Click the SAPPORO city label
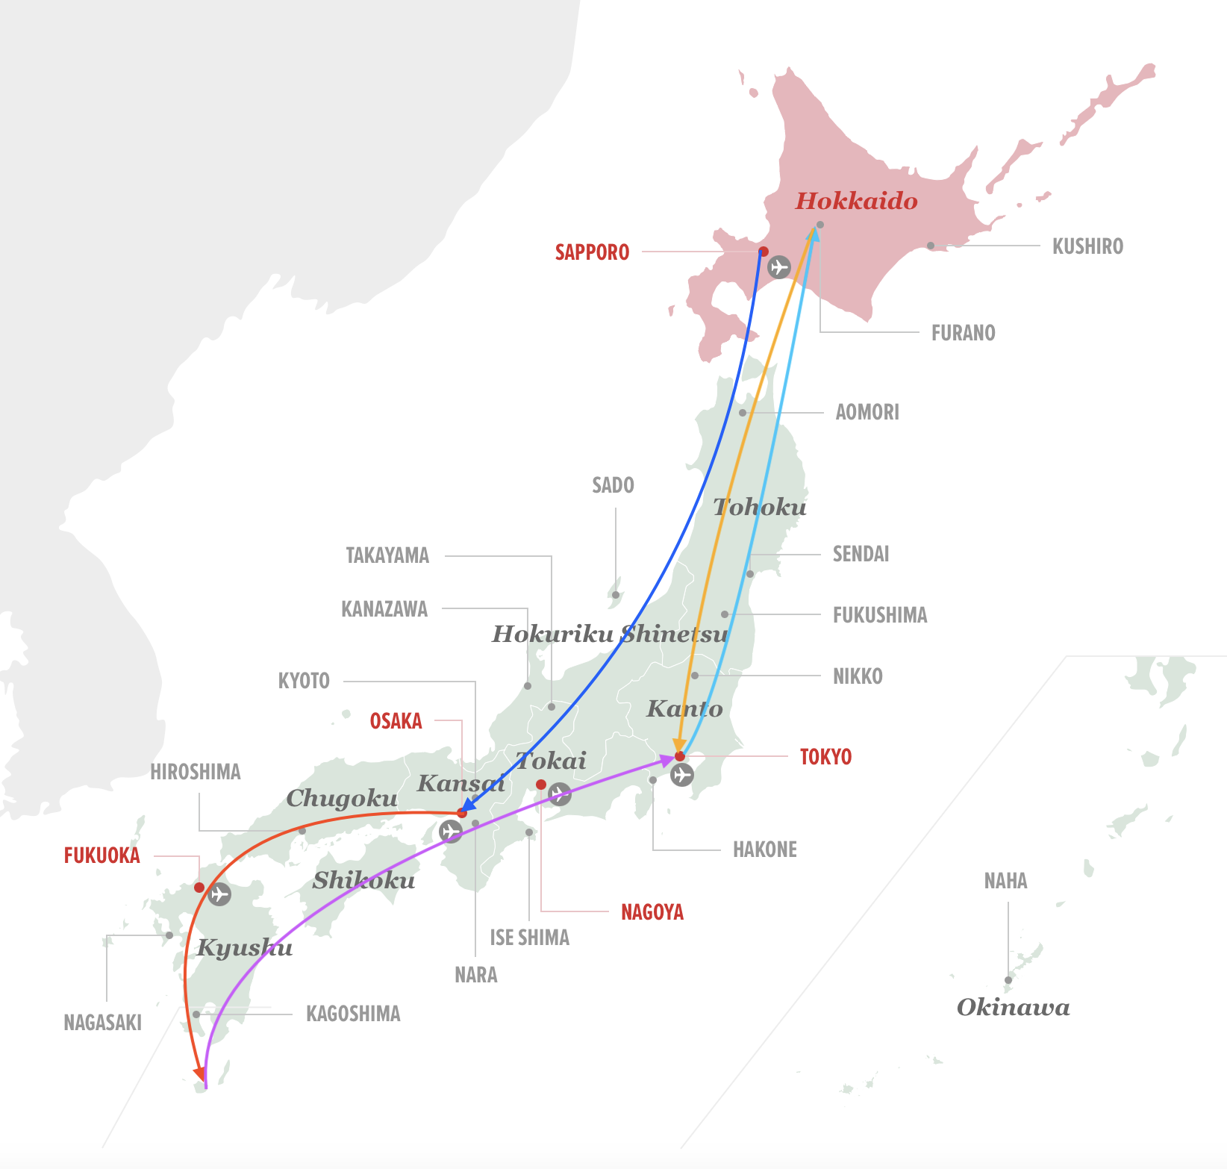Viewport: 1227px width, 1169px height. pos(592,252)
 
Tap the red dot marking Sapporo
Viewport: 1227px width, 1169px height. pos(763,252)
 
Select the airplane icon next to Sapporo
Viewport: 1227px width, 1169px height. pos(779,266)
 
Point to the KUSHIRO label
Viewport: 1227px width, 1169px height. pos(1087,246)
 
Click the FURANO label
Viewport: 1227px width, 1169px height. pos(963,333)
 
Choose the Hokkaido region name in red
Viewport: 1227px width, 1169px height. pos(856,201)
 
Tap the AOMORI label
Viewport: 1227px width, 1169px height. pos(867,412)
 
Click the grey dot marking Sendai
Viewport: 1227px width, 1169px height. pos(750,574)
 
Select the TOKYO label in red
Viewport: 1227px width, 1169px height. pos(825,757)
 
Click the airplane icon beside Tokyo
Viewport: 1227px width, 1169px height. pos(681,775)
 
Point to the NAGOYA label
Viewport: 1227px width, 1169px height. pos(652,912)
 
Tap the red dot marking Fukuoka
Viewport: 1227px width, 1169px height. pos(199,888)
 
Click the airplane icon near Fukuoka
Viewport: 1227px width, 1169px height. pos(219,894)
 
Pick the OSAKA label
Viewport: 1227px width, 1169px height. pos(396,721)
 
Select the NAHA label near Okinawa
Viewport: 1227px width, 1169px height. pos(1005,881)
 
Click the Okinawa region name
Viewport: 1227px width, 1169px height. pos(1013,1008)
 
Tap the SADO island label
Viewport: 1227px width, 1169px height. pos(613,485)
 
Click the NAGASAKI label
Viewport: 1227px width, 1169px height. pos(102,1023)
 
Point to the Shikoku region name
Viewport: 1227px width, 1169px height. pos(363,881)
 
